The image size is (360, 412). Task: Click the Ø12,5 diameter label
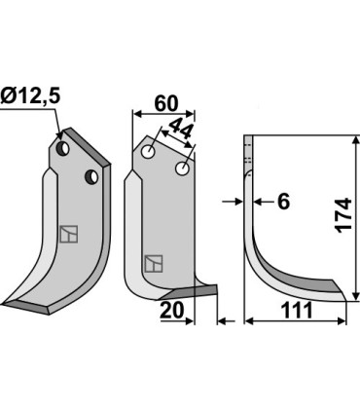pyautogui.click(x=30, y=96)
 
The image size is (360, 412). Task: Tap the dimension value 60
pyautogui.click(x=166, y=103)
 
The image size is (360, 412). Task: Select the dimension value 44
pyautogui.click(x=180, y=129)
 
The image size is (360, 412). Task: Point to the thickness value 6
pyautogui.click(x=283, y=202)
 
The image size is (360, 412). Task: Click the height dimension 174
pyautogui.click(x=343, y=215)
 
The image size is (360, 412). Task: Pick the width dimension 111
pyautogui.click(x=297, y=311)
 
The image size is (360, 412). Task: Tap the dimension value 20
pyautogui.click(x=172, y=311)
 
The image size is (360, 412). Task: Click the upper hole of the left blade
pyautogui.click(x=62, y=148)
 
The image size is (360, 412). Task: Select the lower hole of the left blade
pyautogui.click(x=91, y=176)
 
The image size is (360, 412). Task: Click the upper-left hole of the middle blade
pyautogui.click(x=148, y=151)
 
